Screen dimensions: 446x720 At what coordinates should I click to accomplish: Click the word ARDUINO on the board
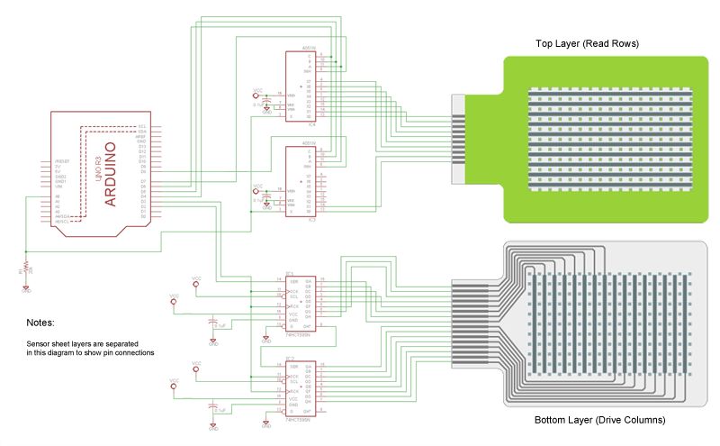(111, 174)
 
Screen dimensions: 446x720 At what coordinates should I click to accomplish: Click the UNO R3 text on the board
(98, 165)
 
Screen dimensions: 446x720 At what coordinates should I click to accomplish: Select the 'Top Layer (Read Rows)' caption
(587, 43)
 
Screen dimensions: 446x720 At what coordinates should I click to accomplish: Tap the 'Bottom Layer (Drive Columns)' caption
(599, 420)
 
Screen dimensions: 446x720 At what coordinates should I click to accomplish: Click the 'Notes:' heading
(40, 322)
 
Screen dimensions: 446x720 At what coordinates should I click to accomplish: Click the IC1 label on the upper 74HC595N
(290, 272)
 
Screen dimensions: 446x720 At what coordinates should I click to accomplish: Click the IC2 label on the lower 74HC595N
(290, 359)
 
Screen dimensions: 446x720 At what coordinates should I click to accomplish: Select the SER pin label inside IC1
(292, 280)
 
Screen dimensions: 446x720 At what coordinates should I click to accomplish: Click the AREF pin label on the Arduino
(141, 136)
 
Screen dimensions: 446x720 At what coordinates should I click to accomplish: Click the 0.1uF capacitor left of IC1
(212, 322)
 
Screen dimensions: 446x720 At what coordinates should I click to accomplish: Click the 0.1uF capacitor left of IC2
(212, 407)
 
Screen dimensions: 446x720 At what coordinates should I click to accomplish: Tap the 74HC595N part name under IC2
(297, 420)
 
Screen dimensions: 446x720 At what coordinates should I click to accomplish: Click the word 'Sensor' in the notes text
(37, 344)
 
